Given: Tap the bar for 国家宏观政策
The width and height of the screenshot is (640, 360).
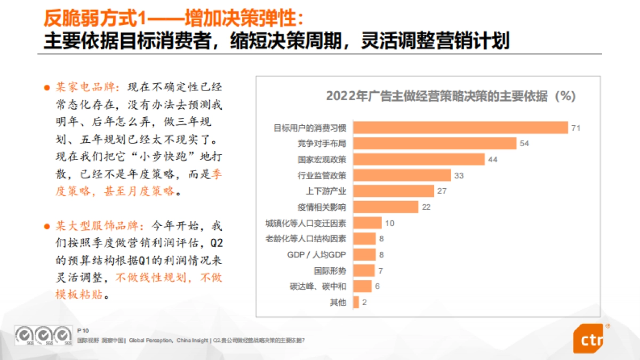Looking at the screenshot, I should tap(419, 159).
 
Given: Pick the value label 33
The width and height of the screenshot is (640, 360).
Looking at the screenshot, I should tap(458, 175).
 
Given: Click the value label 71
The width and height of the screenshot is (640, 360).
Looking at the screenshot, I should tap(575, 127).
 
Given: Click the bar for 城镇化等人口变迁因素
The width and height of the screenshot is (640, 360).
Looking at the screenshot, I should tap(367, 223).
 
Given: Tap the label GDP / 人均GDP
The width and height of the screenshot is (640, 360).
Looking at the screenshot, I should tap(317, 254).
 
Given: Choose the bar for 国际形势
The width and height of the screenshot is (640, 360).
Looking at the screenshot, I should tap(364, 270).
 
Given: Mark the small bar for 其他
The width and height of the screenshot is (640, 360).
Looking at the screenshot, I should tap(356, 302).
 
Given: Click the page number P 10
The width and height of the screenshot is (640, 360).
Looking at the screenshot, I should tap(83, 331).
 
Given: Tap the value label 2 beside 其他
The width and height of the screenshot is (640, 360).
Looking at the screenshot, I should tap(365, 302).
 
